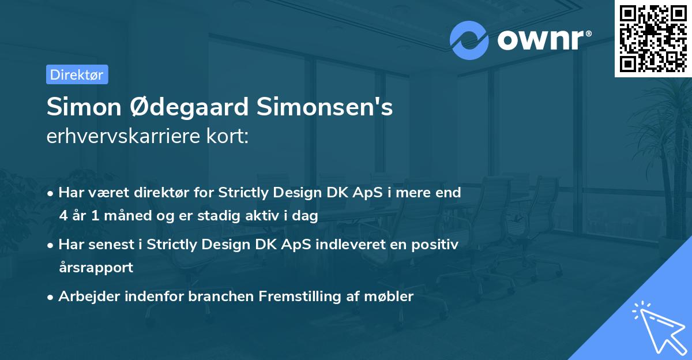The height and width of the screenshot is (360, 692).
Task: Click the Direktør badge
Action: pos(77,74)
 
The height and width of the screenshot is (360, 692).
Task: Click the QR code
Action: pos(653,38)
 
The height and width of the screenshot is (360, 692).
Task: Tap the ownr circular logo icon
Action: pos(469,40)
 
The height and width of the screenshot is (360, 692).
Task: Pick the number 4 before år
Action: pos(63,216)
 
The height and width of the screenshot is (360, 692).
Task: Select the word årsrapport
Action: pos(96,268)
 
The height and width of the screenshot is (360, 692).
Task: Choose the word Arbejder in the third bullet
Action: pos(85,297)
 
